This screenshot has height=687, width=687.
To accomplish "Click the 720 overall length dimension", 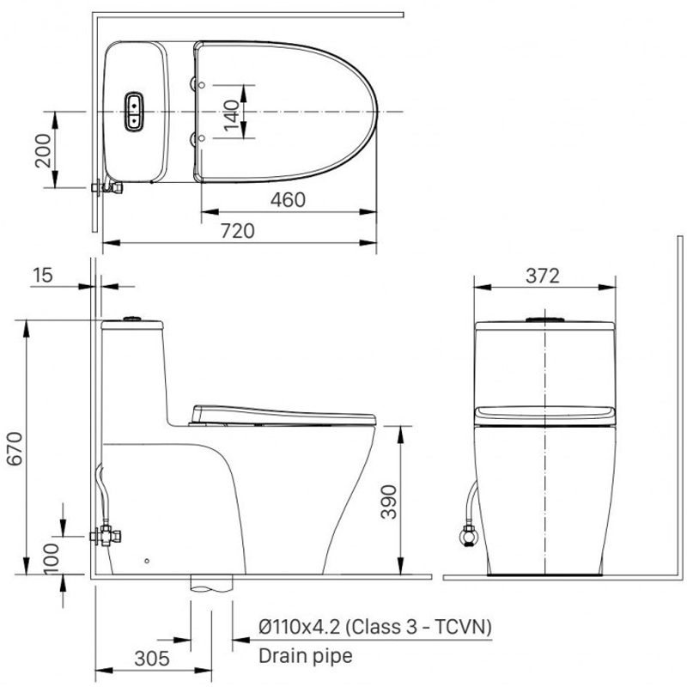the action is click(238, 231).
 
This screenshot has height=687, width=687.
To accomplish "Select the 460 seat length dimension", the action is click(288, 200).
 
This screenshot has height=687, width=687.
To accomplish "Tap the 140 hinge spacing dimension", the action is click(231, 115).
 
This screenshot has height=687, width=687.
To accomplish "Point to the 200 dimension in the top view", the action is click(43, 150).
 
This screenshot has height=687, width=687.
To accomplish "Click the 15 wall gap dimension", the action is click(42, 275).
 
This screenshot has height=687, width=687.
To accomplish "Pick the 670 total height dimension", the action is click(15, 448).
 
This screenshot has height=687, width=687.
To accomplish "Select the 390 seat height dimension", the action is click(388, 502).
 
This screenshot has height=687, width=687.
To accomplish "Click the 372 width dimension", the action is click(543, 276).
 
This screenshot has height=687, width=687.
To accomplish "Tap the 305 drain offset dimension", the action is click(152, 659).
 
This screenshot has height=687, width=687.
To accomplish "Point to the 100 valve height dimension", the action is click(52, 558).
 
